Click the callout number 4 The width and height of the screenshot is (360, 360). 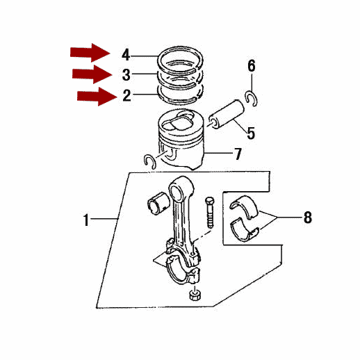pyautogui.click(x=126, y=56)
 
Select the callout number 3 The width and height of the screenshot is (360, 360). pyautogui.click(x=126, y=75)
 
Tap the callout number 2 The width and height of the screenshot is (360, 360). pyautogui.click(x=126, y=95)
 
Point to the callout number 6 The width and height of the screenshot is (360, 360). pyautogui.click(x=252, y=66)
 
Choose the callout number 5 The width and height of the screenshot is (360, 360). pyautogui.click(x=251, y=133)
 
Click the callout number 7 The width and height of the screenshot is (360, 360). pyautogui.click(x=238, y=154)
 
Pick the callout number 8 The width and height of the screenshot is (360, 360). pyautogui.click(x=308, y=218)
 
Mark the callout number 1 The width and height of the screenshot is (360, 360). pyautogui.click(x=86, y=220)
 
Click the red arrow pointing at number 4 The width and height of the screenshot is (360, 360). pyautogui.click(x=90, y=53)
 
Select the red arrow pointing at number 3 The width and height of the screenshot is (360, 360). pyautogui.click(x=92, y=74)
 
